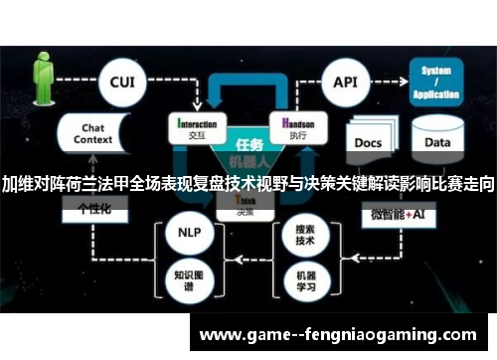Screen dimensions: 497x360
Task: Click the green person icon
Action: click(x=43, y=75)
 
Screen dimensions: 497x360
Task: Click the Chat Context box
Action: click(x=92, y=134)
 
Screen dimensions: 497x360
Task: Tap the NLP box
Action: click(x=188, y=232)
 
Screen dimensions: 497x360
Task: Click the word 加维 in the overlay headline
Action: click(x=17, y=185)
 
